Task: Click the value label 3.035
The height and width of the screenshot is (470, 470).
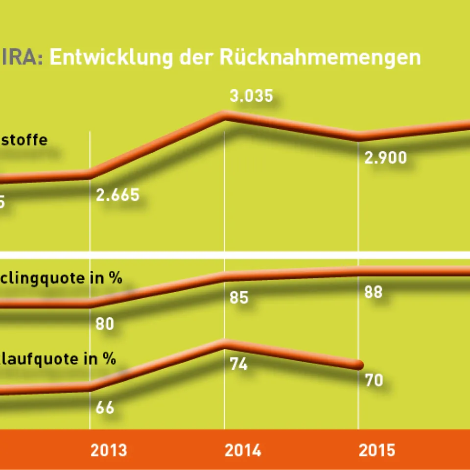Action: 252,96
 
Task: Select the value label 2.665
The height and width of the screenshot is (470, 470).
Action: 118,195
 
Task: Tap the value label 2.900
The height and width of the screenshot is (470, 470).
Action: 385,158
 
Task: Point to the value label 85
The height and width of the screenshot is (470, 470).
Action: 239,297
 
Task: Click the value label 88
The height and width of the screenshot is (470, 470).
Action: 373,292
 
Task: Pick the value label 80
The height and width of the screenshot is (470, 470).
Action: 104,324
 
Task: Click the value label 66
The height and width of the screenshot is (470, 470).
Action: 104,407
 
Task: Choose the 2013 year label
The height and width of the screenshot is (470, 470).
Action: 108,450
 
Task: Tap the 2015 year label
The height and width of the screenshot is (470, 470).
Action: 376,450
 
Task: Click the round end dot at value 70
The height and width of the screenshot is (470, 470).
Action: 359,365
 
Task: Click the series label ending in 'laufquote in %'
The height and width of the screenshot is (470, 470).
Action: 58,359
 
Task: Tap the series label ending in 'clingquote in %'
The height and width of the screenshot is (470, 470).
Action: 60,278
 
